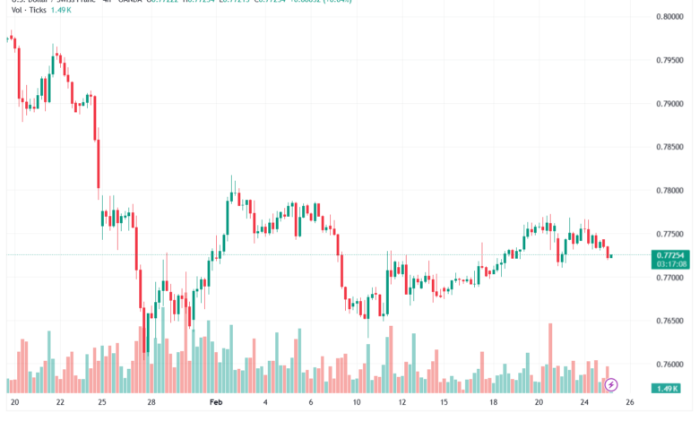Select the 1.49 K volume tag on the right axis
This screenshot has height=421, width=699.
click(668, 388)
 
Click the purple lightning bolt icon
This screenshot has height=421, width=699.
click(611, 385)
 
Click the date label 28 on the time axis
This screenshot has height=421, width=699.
click(152, 404)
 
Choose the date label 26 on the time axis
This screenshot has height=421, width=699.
click(630, 404)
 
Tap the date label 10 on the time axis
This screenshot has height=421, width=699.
click(357, 404)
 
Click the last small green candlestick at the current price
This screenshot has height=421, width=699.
click(610, 257)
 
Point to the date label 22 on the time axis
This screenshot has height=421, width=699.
click(58, 404)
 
